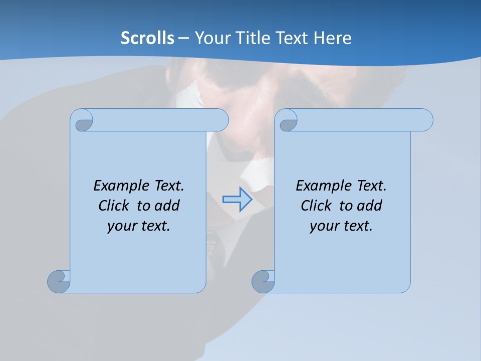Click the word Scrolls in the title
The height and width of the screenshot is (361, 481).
tap(147, 38)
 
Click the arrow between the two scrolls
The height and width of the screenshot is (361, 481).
tap(237, 200)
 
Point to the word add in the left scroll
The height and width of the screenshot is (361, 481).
tap(167, 206)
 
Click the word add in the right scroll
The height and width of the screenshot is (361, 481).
tap(370, 206)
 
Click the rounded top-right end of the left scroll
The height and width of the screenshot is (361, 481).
tap(221, 120)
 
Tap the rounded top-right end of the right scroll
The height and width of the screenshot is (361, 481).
tap(425, 120)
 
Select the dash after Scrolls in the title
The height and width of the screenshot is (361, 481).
tap(183, 38)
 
